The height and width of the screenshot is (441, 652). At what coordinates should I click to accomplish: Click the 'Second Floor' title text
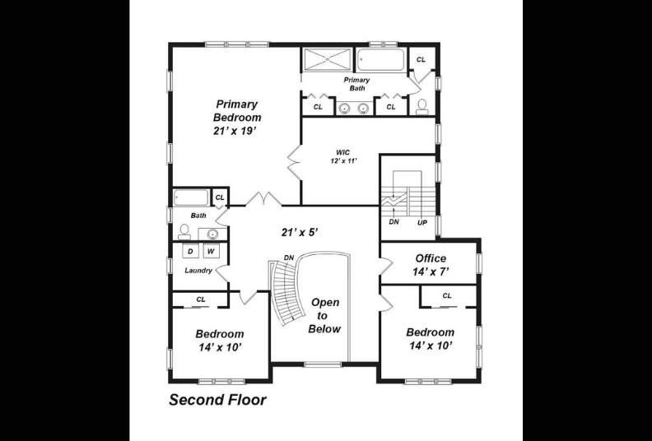pyautogui.click(x=217, y=400)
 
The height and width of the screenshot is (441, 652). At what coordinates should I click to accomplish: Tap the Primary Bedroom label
pyautogui.click(x=236, y=110)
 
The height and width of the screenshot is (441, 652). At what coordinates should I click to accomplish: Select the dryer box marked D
pyautogui.click(x=190, y=251)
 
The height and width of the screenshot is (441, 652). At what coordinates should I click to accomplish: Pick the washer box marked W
pyautogui.click(x=212, y=251)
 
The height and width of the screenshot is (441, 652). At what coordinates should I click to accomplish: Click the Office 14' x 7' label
pyautogui.click(x=431, y=265)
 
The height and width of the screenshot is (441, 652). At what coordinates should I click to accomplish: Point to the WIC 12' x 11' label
pyautogui.click(x=344, y=156)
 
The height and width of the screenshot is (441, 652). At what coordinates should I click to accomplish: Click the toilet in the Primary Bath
pyautogui.click(x=421, y=106)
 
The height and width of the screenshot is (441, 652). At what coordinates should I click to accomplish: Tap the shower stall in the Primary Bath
pyautogui.click(x=328, y=60)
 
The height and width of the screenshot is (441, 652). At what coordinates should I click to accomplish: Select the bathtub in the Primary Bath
pyautogui.click(x=381, y=60)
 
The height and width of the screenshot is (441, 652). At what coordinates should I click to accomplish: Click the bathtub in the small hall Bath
pyautogui.click(x=191, y=197)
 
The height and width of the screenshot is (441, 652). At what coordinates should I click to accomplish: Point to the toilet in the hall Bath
pyautogui.click(x=184, y=232)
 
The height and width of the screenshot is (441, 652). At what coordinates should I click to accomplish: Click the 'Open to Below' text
pyautogui.click(x=324, y=315)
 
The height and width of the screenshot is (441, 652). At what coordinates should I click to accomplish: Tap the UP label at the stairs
pyautogui.click(x=422, y=223)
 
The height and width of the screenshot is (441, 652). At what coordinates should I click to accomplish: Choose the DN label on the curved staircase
pyautogui.click(x=289, y=258)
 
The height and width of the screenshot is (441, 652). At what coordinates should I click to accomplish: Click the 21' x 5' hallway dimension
pyautogui.click(x=300, y=232)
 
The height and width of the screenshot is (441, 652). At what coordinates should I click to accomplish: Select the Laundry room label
pyautogui.click(x=198, y=271)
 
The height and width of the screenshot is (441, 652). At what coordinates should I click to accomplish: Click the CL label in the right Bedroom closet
pyautogui.click(x=446, y=296)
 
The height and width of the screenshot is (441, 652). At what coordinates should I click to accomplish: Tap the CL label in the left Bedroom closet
pyautogui.click(x=201, y=299)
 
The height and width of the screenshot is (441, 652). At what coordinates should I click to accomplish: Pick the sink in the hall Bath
pyautogui.click(x=212, y=234)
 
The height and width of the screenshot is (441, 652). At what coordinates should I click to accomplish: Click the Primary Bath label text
pyautogui.click(x=356, y=84)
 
